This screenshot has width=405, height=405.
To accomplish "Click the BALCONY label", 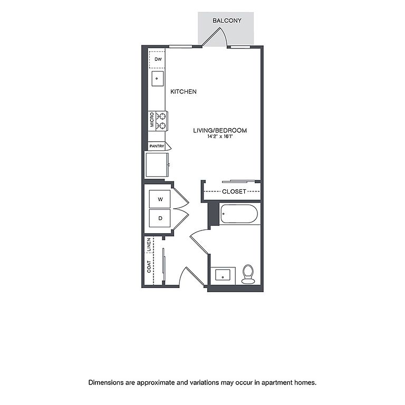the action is [227, 21].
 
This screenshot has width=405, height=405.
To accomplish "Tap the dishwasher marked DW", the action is [157, 60].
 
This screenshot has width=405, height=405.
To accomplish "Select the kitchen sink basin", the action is [158, 79].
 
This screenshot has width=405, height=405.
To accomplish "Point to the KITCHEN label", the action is [184, 91].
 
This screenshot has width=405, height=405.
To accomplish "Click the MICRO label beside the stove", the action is [152, 120].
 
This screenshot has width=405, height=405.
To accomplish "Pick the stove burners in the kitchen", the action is [162, 121].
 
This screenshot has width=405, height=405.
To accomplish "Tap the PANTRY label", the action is [157, 146].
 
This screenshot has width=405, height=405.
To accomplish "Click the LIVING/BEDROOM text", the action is [220, 130].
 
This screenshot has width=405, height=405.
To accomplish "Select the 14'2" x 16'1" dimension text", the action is [220, 137].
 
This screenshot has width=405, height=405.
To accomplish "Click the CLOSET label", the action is [234, 191].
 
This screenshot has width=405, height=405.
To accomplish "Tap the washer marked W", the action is [160, 199].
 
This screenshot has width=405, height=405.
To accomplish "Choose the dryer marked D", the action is [160, 218].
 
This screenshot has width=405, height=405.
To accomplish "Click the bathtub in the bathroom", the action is [239, 214].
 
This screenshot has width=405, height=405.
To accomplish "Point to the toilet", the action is [248, 274].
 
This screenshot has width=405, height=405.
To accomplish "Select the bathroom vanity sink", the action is [223, 275].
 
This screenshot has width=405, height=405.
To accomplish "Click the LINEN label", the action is [149, 245].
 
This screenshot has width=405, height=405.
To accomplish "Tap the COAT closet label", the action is [149, 266].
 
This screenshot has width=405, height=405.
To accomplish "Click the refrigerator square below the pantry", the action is [157, 165].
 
